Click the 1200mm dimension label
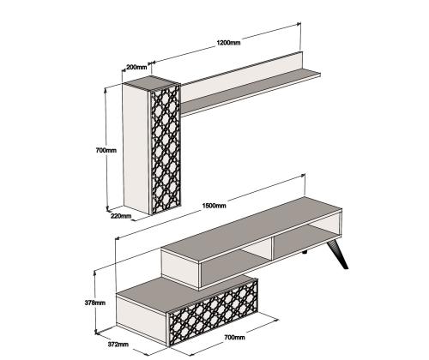click(x=228, y=43)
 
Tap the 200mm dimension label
click(x=136, y=67)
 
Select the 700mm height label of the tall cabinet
click(x=106, y=150)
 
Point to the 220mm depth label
click(x=121, y=216)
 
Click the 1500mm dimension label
click(x=214, y=206)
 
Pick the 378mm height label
click(x=95, y=303)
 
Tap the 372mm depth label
click(x=118, y=344)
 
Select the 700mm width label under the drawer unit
click(x=234, y=337)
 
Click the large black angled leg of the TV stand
click(x=338, y=255)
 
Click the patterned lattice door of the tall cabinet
click(x=166, y=150)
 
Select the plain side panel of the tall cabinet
click(x=136, y=148)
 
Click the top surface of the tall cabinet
click(x=152, y=82)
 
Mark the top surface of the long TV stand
click(x=251, y=229)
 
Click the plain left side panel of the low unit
click(x=142, y=319)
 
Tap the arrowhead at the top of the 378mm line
click(x=95, y=273)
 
